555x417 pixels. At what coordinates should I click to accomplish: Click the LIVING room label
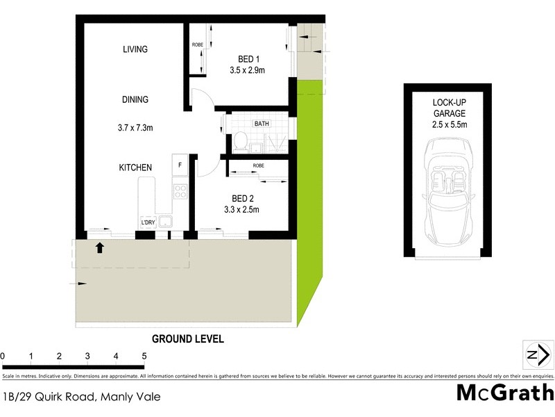pos(136,49)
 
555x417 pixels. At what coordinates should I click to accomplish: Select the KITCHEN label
pos(135,167)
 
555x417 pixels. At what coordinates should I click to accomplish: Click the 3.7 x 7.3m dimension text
pos(136,127)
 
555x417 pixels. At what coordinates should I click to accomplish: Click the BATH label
pos(262,124)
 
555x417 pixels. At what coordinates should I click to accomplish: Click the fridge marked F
pos(181,165)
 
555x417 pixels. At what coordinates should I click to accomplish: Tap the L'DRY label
pos(147,222)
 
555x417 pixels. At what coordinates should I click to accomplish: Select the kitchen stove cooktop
pos(180,191)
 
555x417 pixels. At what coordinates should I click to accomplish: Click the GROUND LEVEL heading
pos(187,339)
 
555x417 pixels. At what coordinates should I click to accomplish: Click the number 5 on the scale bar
pos(144,357)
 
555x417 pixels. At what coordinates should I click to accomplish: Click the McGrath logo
pos(505,393)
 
